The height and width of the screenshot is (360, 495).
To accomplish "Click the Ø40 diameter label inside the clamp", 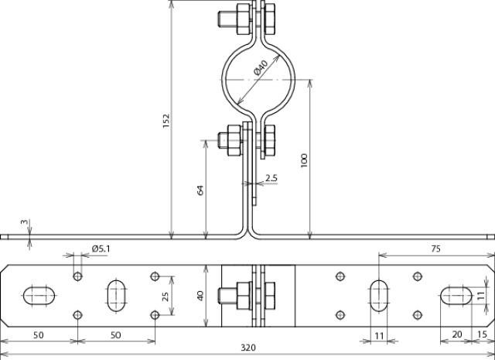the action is coord(261,67).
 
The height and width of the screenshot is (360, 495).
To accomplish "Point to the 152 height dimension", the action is coord(166,121).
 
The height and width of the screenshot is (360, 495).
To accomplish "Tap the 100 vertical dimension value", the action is coord(304,160).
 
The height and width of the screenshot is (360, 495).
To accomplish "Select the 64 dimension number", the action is coord(200,190).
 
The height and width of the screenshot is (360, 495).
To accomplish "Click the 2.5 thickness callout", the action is coord(271,178).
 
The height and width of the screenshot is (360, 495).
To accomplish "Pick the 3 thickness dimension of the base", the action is coord(24,222).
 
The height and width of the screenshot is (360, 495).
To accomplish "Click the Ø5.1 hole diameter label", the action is coord(101,249).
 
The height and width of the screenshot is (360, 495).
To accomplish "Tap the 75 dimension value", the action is coord(435,249).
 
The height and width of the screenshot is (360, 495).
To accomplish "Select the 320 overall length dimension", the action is coord(248,348).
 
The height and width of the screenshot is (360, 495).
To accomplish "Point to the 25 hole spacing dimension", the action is coord(165,296).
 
